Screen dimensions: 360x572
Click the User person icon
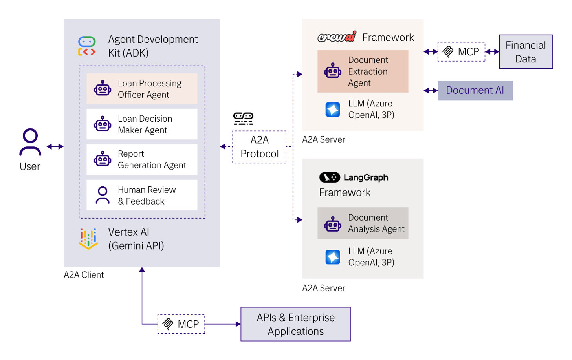pos(30,142)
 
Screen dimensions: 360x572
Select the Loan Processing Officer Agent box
pos(142,89)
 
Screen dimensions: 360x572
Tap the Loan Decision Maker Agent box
pos(142,124)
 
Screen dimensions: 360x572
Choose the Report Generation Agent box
pos(142,159)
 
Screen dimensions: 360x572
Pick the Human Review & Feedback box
pos(142,195)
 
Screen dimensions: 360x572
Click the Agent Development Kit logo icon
pos(87,46)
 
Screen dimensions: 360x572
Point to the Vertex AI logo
pos(88,239)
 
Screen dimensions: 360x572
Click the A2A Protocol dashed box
pos(259,147)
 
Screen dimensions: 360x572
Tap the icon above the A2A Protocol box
pos(243,118)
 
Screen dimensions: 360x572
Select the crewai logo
pos(337,37)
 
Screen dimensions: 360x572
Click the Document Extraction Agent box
pos(363,71)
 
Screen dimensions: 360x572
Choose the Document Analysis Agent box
pos(363,223)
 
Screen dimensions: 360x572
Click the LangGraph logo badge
pos(330,177)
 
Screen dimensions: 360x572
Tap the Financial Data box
pos(526,52)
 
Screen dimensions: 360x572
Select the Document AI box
pos(475,90)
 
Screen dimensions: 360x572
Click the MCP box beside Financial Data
pos(461,52)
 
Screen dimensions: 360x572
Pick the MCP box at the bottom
pos(181,324)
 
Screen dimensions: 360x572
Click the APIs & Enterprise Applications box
pos(295,324)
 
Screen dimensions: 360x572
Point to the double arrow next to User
pos(55,146)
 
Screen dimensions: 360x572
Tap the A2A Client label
pos(84,275)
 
